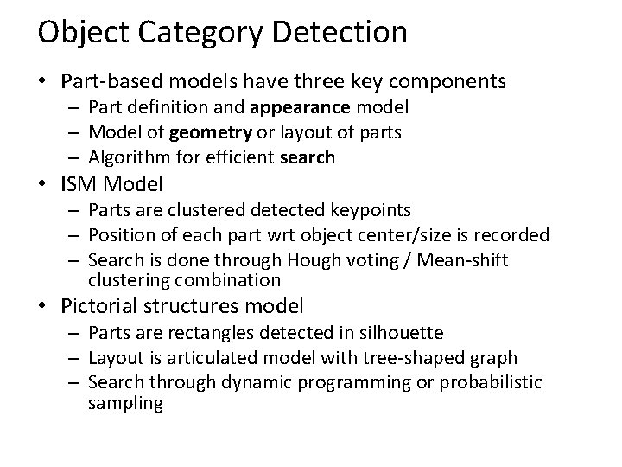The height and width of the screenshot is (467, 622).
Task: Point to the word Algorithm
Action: [126, 157]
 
